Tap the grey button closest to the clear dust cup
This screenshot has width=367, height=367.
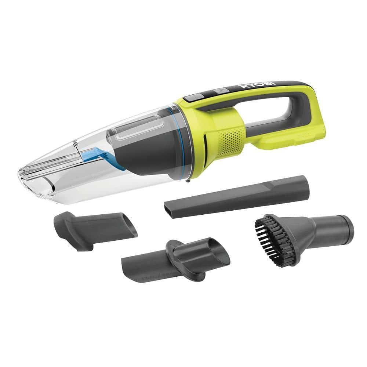(192, 98)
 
